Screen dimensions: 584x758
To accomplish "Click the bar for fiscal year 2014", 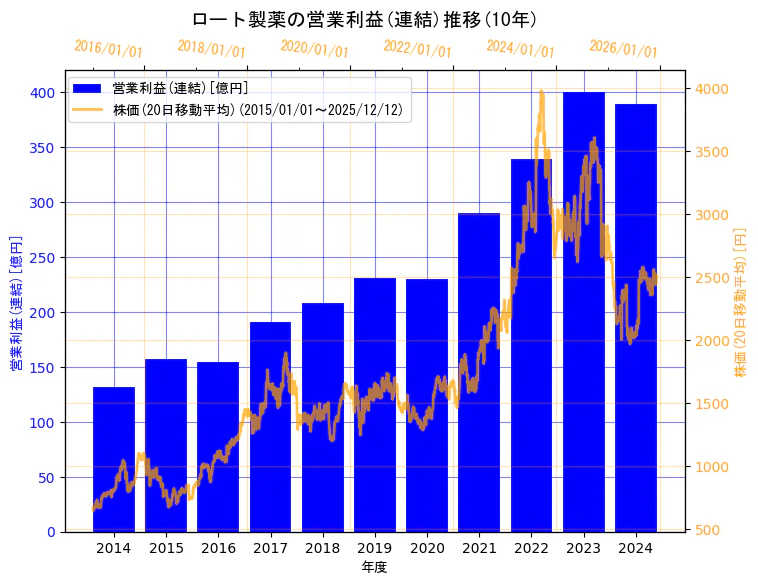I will coord(114,459).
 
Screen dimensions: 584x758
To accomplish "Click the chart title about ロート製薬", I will coord(364,19).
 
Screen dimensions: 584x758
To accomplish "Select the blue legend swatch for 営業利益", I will coord(88,89).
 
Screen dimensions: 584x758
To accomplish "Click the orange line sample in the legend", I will coord(88,110).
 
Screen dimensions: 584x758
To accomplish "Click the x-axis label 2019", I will coord(375,548).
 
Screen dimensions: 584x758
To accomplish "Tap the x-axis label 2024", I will coord(636,548).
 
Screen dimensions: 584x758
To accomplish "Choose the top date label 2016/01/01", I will coord(108,49).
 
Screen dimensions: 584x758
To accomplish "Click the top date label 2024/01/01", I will coord(520,49).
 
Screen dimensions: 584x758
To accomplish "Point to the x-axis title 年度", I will coord(374,567).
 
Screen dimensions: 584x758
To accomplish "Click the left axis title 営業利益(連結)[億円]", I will coord(16,303).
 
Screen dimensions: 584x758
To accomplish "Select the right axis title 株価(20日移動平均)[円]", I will coord(741,303).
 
